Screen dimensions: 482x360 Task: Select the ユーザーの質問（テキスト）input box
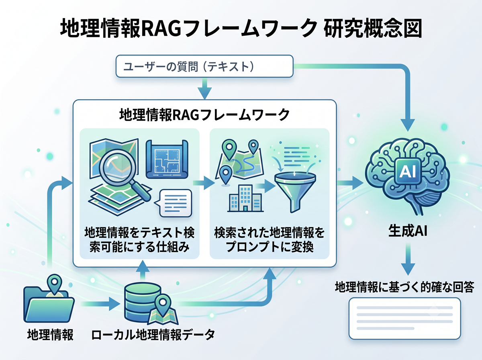pyautogui.click(x=204, y=66)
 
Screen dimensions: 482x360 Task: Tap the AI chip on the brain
pyautogui.click(x=408, y=171)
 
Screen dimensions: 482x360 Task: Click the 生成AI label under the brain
pyautogui.click(x=408, y=231)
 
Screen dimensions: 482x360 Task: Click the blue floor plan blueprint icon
pyautogui.click(x=167, y=159)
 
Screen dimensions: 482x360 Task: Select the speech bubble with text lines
pyautogui.click(x=174, y=203)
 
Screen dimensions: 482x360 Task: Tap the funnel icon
pyautogui.click(x=295, y=191)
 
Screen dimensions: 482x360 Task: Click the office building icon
pyautogui.click(x=245, y=198)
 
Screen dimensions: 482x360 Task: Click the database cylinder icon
pyautogui.click(x=143, y=303)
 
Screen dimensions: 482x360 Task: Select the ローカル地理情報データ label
pyautogui.click(x=153, y=335)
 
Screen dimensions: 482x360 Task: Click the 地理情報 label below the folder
pyautogui.click(x=50, y=335)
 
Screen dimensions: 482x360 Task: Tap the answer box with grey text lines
pyautogui.click(x=404, y=318)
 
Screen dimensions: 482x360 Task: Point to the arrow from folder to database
pyautogui.click(x=100, y=304)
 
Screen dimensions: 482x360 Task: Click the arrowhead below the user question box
pyautogui.click(x=204, y=93)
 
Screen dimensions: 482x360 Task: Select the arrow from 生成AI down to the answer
pyautogui.click(x=408, y=259)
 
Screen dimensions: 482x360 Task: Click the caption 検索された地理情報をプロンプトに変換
pyautogui.click(x=270, y=239)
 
